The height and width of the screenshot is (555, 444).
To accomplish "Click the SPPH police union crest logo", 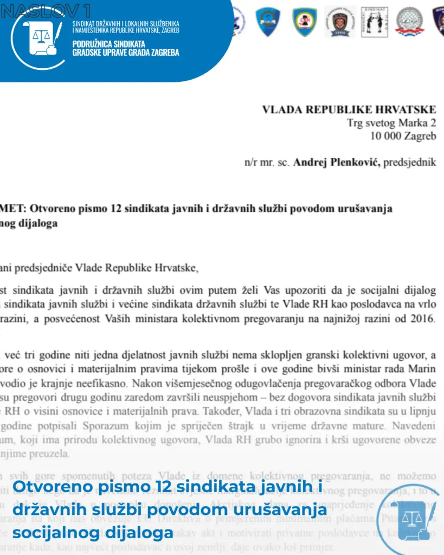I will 340,22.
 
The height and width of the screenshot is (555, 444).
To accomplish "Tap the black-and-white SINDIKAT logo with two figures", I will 375,22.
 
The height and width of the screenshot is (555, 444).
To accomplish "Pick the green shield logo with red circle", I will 305,22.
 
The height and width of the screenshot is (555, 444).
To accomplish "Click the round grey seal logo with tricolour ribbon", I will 410,22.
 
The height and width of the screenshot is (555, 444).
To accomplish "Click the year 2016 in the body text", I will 423,319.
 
